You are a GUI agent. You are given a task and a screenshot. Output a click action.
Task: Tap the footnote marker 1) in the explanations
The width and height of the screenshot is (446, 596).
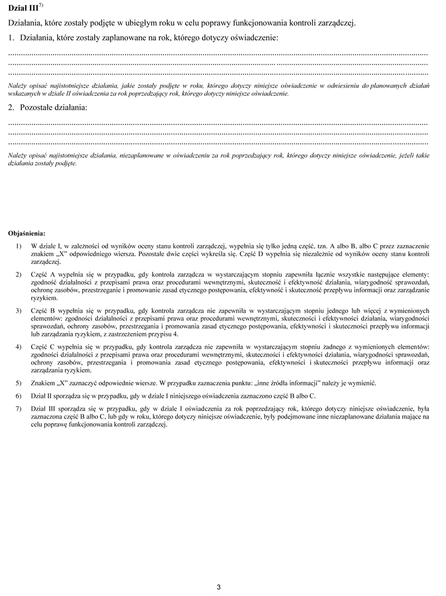[19, 246]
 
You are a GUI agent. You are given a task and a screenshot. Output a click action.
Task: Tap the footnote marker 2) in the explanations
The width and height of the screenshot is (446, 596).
[19, 275]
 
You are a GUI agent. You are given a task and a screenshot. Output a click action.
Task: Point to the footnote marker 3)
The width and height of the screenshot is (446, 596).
[19, 311]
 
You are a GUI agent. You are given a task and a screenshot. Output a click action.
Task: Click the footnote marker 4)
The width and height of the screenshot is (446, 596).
[19, 347]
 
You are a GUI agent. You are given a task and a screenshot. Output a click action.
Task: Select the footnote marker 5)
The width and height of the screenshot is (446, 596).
[19, 383]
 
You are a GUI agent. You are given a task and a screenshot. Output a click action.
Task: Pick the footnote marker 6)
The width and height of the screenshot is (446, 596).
[19, 396]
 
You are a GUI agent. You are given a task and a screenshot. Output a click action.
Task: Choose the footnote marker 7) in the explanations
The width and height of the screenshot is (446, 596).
[19, 409]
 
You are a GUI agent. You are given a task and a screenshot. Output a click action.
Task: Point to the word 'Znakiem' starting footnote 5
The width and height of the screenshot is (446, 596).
[43, 383]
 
